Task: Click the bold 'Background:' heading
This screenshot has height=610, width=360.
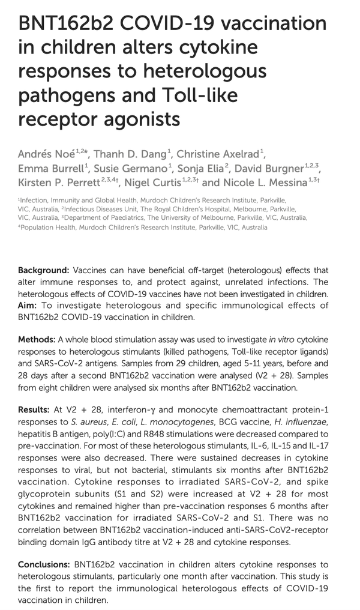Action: pyautogui.click(x=44, y=271)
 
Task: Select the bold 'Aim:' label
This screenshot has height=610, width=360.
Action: pyautogui.click(x=28, y=306)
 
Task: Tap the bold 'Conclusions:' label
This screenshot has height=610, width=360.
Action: pyautogui.click(x=44, y=565)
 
